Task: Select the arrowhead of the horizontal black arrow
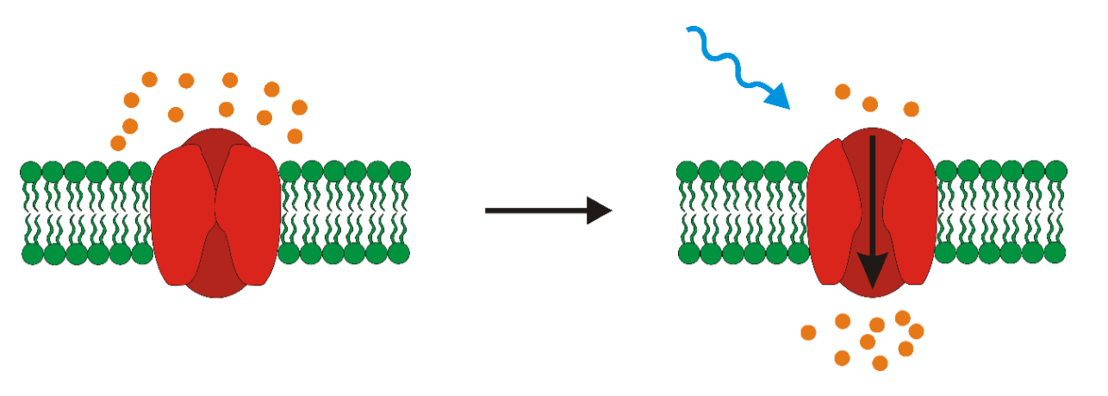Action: click(598, 210)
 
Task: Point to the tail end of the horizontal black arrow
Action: click(488, 210)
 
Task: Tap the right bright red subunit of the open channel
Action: click(915, 214)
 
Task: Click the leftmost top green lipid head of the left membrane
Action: click(31, 172)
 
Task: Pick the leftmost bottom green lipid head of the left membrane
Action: click(31, 254)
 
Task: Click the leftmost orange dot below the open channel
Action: click(808, 332)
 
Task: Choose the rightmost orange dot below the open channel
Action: click(916, 331)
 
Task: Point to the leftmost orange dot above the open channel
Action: click(843, 91)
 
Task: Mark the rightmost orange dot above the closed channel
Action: click(299, 108)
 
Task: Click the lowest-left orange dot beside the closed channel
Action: click(119, 143)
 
